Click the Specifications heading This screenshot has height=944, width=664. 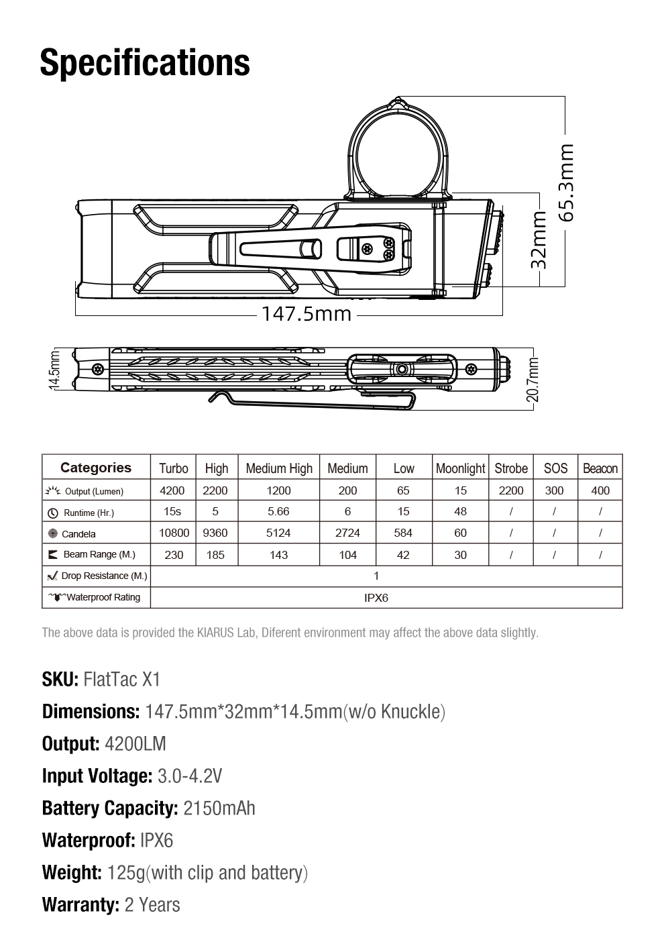(145, 62)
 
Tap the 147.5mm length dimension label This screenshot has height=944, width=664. (306, 313)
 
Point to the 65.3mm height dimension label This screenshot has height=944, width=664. (566, 182)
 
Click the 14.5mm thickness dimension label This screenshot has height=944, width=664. (56, 369)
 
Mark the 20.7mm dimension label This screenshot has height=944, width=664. (533, 379)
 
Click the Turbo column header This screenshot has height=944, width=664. (174, 468)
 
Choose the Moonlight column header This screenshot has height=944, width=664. (460, 468)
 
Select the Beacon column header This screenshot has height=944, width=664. (600, 468)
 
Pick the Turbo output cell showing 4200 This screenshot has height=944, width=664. (172, 490)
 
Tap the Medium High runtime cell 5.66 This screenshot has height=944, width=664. (278, 511)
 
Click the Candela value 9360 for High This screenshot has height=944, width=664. (215, 533)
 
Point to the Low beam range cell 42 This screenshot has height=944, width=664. (403, 555)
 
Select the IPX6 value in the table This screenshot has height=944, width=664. (376, 598)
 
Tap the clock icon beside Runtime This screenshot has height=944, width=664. (53, 513)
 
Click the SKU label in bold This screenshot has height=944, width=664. (60, 679)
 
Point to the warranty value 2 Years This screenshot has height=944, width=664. (152, 904)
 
